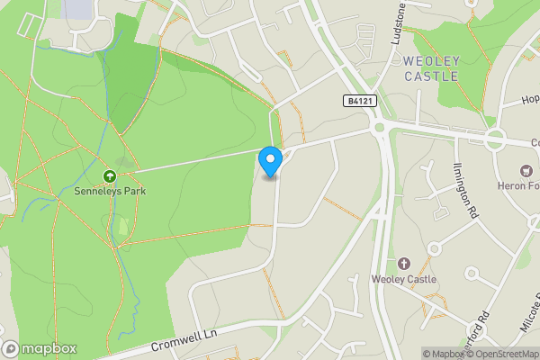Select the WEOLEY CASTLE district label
431,68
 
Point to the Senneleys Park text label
111,191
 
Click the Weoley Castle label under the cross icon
403,279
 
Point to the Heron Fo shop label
521,186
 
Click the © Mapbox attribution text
444,354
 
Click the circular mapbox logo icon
11,348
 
